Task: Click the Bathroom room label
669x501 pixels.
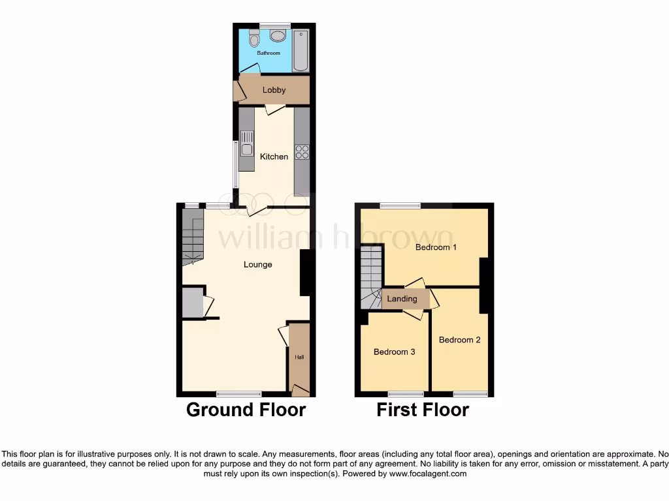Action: (x=268, y=53)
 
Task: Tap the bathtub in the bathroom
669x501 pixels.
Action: (x=300, y=50)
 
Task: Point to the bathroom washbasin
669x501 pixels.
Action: (x=277, y=35)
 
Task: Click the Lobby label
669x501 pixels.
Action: (x=274, y=90)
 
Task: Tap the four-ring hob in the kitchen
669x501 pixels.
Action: (x=302, y=152)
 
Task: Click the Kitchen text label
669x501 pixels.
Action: (x=274, y=157)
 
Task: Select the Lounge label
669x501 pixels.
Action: (x=257, y=264)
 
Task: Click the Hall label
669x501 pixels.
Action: (x=299, y=357)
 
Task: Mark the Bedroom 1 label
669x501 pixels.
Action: (x=436, y=247)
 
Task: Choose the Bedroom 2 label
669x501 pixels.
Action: (x=459, y=340)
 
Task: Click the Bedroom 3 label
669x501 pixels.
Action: (x=394, y=352)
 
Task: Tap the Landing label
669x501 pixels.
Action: (x=402, y=299)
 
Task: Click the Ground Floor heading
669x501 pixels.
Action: (x=246, y=410)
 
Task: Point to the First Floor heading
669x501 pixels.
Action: (x=422, y=410)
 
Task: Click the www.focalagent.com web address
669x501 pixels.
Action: (x=428, y=474)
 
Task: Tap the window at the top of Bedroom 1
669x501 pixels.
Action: (x=400, y=205)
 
